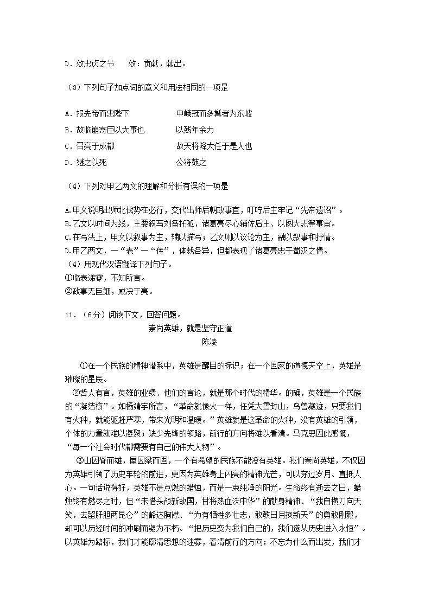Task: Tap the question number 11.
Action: click(x=68, y=315)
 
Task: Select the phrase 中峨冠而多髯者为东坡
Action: click(x=214, y=114)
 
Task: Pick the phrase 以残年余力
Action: click(x=195, y=130)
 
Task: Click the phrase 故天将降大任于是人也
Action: click(x=214, y=146)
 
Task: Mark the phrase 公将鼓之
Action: click(x=191, y=163)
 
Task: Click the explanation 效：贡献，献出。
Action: click(x=157, y=63)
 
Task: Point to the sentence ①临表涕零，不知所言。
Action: click(x=106, y=278)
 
